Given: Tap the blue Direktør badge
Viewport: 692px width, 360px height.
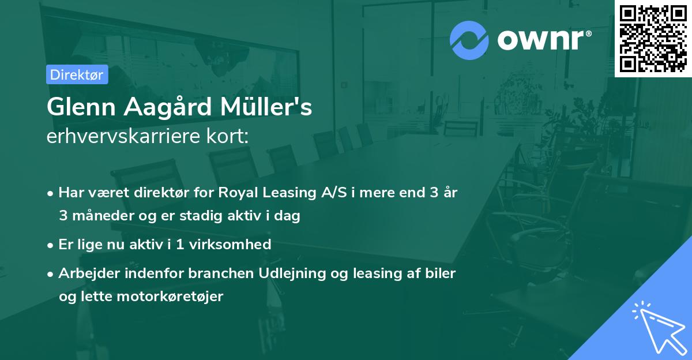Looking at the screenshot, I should [77, 74].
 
